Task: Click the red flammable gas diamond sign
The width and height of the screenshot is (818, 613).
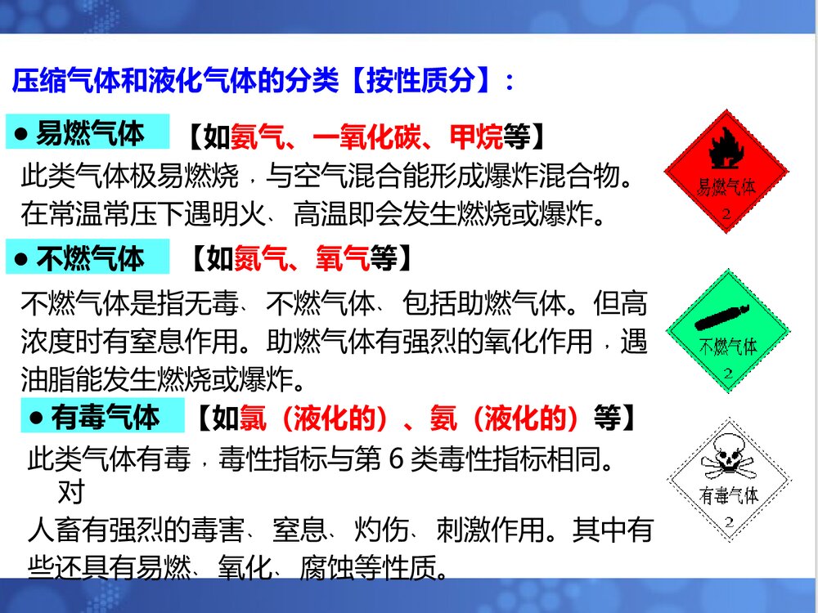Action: pyautogui.click(x=726, y=172)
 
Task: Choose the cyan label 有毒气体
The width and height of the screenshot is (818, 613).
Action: pyautogui.click(x=102, y=418)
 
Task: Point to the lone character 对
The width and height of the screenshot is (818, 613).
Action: pyautogui.click(x=72, y=494)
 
